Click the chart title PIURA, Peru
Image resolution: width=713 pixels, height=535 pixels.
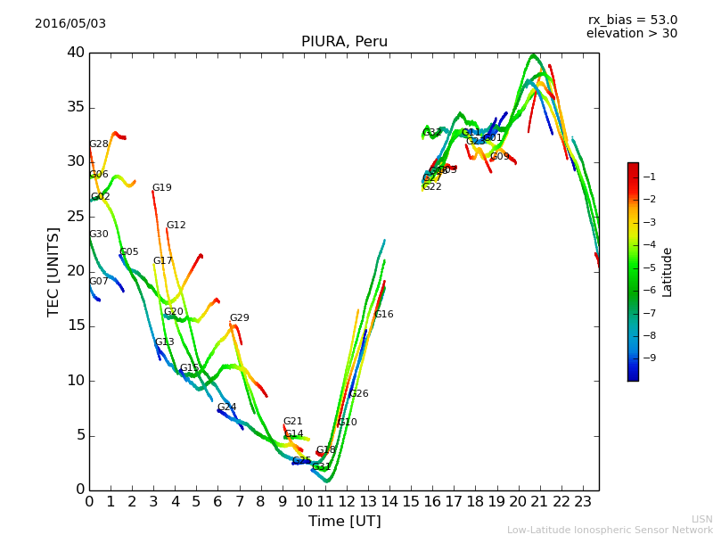point(344,42)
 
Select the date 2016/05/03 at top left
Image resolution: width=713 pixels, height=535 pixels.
point(70,23)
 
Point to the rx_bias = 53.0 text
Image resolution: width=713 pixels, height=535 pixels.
point(632,20)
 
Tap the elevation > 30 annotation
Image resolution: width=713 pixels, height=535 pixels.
point(632,34)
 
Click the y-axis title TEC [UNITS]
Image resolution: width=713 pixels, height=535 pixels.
point(53,271)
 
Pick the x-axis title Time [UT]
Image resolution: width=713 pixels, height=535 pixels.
point(344,521)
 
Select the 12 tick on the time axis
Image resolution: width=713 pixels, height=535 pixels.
point(347,501)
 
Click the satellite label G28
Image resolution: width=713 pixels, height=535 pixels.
point(98,144)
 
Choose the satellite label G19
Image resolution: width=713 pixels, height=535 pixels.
point(161,188)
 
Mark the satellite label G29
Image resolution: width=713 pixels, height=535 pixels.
point(239,318)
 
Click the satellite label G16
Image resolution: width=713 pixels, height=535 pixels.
point(383,315)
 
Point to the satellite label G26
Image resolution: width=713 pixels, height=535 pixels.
point(358,394)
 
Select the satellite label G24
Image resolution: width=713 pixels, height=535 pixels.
point(226,407)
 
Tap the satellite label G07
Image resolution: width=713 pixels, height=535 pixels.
point(98,282)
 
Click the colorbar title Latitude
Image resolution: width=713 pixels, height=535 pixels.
point(667,272)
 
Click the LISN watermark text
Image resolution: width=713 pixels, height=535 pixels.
point(701,519)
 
